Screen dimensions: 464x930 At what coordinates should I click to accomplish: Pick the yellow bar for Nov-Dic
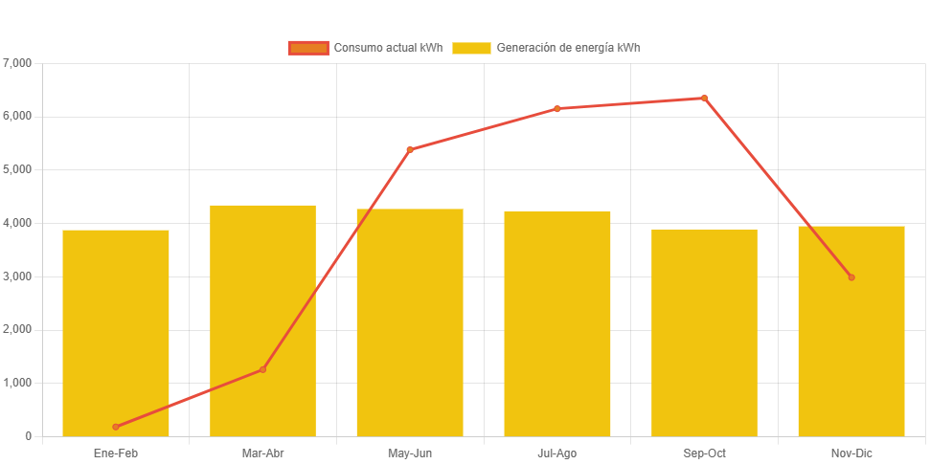pos(851,331)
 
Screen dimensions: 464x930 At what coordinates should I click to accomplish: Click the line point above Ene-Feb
pos(116,427)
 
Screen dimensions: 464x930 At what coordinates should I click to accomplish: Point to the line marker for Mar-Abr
pos(262,369)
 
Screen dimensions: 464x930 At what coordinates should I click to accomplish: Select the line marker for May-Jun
pos(410,149)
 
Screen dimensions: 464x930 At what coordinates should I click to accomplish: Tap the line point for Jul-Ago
pos(557,108)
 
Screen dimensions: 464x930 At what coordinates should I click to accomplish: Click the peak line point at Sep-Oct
pos(704,98)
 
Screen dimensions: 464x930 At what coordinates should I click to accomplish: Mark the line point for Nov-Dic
pos(851,277)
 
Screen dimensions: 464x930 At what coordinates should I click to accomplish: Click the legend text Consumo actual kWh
pos(388,48)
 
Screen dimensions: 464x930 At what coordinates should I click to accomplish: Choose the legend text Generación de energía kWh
pos(569,48)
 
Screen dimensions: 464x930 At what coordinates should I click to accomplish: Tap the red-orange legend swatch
pos(308,48)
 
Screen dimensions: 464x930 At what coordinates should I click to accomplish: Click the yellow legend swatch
pos(471,48)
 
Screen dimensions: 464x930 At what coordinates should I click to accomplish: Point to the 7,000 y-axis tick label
pos(18,63)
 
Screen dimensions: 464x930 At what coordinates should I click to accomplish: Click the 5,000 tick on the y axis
pos(18,169)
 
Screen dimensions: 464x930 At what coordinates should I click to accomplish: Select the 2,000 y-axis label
pos(18,329)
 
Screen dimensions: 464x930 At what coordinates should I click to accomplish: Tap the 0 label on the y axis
pos(28,436)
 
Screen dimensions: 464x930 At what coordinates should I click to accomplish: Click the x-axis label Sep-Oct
pos(704,453)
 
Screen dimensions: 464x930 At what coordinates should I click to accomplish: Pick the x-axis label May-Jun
pos(410,453)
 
